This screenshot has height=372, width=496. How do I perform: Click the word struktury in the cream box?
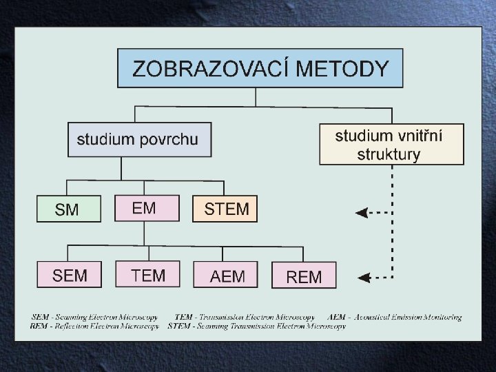point(389,154)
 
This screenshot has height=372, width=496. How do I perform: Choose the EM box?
point(145,208)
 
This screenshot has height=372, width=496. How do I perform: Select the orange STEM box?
point(225,209)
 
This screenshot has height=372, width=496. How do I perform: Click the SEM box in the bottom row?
point(70,276)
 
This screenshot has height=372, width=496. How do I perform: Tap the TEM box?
point(147,276)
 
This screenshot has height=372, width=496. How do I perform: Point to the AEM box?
point(227,276)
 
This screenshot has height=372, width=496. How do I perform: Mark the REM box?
point(304,276)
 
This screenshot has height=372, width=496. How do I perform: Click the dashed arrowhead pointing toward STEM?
point(361,213)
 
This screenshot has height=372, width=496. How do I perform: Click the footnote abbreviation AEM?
point(337,317)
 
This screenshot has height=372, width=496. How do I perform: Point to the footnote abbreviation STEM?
point(178,326)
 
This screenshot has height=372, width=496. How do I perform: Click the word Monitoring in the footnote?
point(441,317)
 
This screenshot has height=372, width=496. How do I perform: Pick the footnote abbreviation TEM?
point(185,317)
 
